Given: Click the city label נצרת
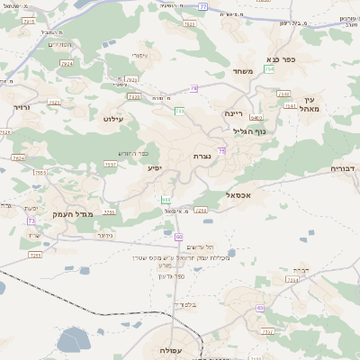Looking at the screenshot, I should pos(202,156).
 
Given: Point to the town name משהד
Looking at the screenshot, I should pos(244,71).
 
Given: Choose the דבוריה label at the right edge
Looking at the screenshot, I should pos(344,167).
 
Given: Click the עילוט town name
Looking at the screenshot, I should pos(113,118).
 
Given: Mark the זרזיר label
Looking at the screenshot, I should pos(22,107).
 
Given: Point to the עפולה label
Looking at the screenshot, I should pos(172,349).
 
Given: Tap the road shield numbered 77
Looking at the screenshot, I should pos(202,6).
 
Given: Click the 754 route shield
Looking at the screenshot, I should pos(269,68).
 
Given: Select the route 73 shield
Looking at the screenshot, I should pos(31,220).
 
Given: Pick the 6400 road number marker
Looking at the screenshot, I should pos(256,117).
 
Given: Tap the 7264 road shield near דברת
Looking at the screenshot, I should pos(292,280).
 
